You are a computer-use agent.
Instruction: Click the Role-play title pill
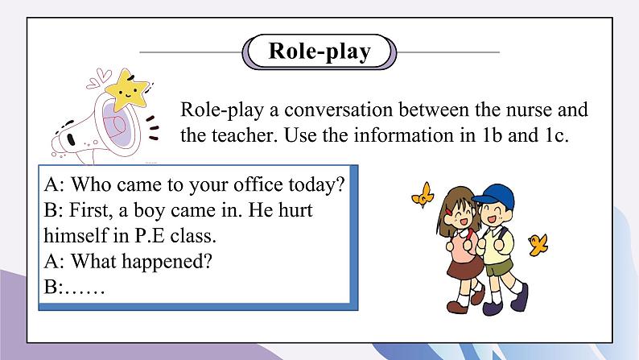[x=319, y=52]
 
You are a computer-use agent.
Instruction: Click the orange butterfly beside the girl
[x=423, y=195]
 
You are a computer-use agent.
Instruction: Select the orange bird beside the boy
[x=538, y=242]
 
